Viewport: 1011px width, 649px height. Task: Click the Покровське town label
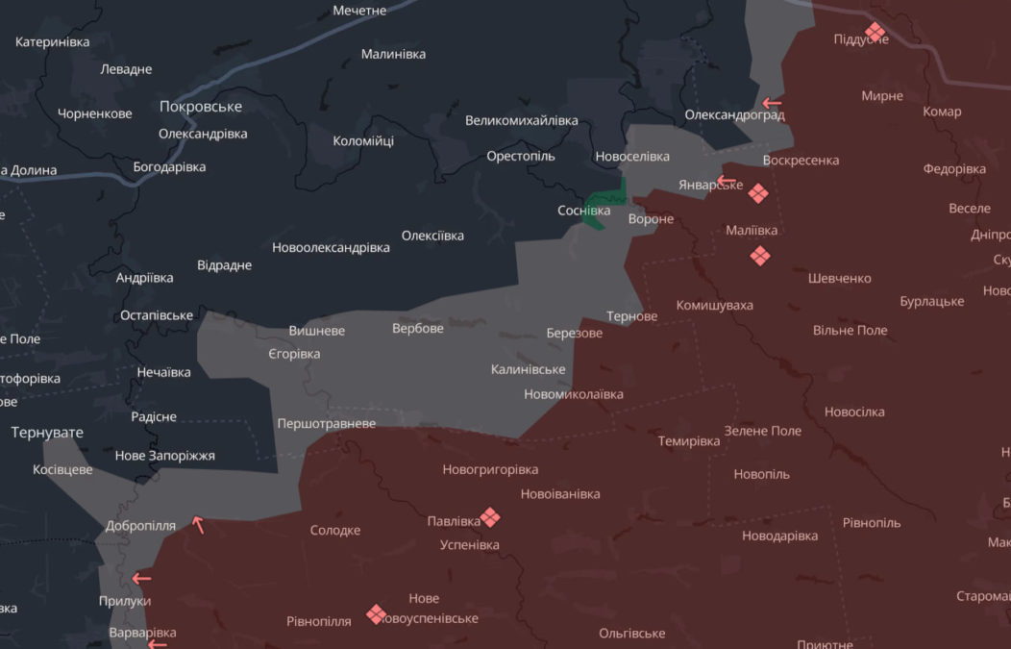click(201, 107)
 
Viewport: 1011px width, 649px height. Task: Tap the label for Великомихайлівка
click(521, 121)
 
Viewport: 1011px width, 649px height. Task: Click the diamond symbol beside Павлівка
click(490, 517)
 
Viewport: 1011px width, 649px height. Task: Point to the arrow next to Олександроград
click(772, 103)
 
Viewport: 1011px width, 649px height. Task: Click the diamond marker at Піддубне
click(875, 32)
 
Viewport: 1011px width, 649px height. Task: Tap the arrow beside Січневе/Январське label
click(726, 180)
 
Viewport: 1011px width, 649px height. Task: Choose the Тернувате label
click(47, 433)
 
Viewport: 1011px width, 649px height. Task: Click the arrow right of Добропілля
click(198, 524)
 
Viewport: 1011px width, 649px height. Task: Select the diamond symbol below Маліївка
click(760, 255)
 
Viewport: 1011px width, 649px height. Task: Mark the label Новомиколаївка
click(573, 394)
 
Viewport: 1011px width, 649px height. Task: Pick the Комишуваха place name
click(714, 306)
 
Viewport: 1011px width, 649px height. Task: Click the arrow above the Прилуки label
click(141, 578)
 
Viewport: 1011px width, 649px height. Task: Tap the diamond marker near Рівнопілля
click(376, 613)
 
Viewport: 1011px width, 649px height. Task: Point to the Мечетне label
click(359, 11)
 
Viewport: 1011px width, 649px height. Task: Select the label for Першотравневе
click(326, 424)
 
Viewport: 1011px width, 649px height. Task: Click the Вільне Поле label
click(850, 331)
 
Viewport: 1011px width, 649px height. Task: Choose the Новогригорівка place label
click(490, 470)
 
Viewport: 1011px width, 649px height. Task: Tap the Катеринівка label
click(53, 42)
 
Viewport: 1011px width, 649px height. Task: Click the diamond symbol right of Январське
click(758, 193)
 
